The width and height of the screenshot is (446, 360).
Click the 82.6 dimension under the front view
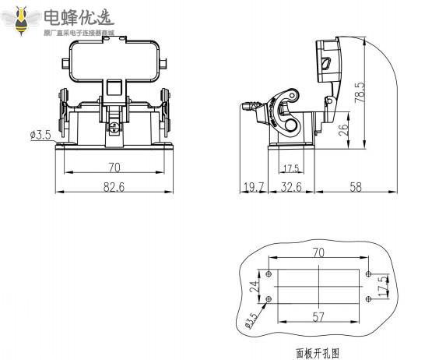point(114,188)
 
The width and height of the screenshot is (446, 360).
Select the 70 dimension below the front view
point(114,167)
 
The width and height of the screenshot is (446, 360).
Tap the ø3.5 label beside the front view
point(40,135)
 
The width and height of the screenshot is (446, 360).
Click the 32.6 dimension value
point(293,188)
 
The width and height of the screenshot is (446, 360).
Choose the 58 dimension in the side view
point(355,188)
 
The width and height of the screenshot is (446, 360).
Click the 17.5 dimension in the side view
point(290,168)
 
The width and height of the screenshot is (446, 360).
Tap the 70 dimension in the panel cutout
point(317,252)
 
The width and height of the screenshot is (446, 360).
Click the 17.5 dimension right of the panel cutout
point(381,285)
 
